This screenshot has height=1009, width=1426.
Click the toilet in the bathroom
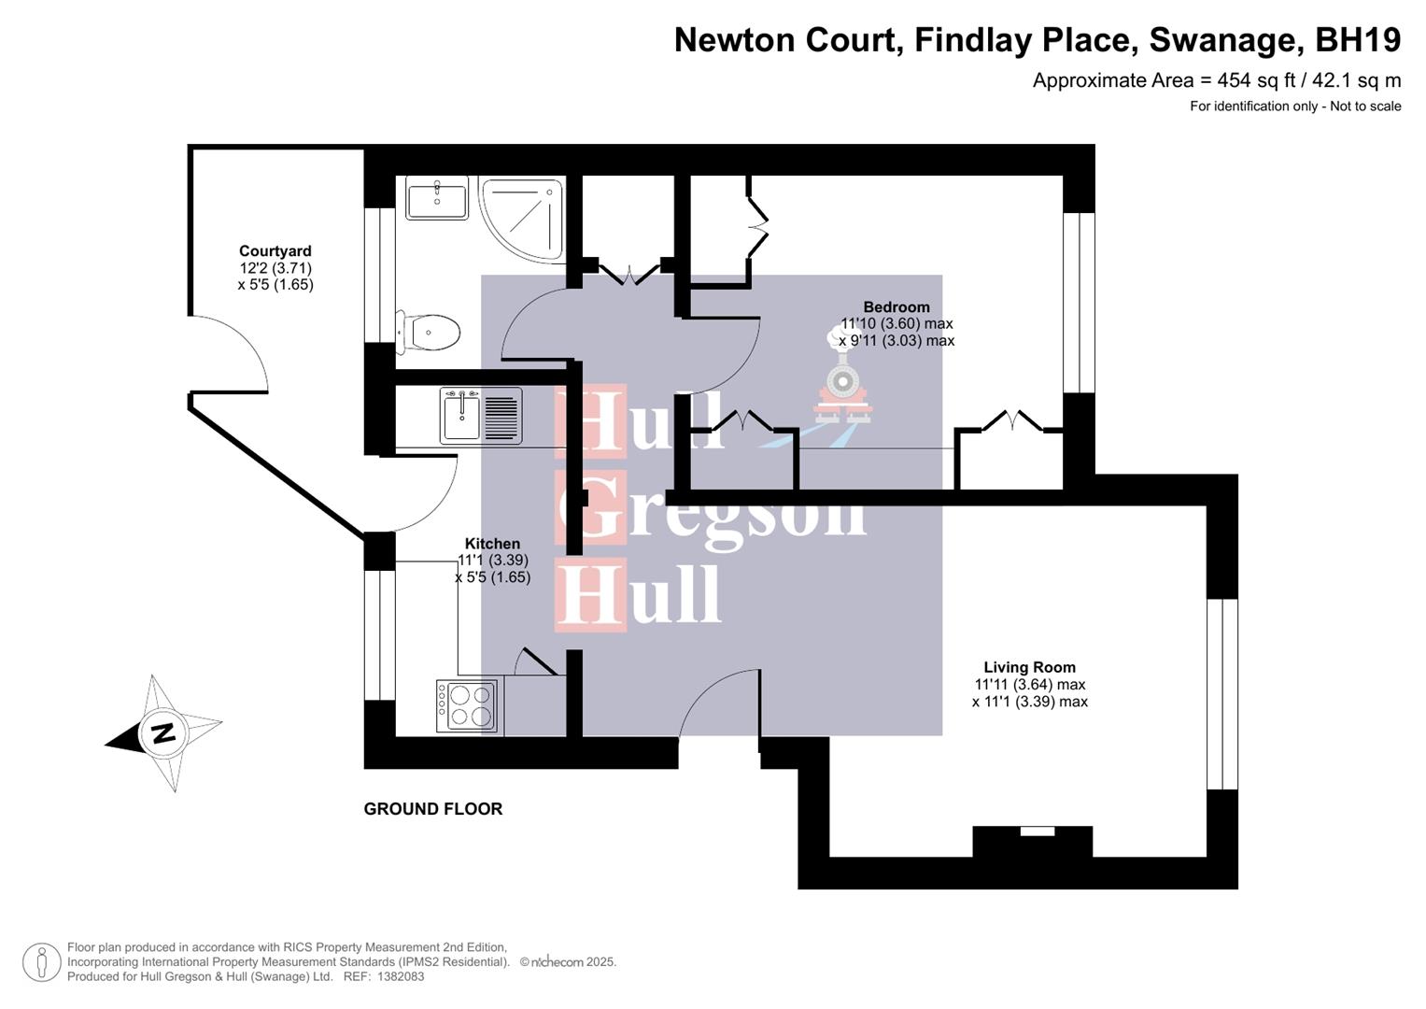430,333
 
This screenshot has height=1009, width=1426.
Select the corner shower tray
519,218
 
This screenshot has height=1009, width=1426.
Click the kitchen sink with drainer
481,416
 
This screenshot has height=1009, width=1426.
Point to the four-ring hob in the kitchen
467,706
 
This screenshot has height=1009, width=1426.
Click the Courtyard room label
275,251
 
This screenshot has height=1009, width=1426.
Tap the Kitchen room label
492,544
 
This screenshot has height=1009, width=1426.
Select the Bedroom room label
896,307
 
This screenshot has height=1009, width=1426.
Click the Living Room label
1029,668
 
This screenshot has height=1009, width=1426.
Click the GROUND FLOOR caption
432,809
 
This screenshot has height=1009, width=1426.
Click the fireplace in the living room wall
1033,840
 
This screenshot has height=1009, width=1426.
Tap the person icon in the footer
41,962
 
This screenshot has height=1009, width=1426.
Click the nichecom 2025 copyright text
568,962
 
